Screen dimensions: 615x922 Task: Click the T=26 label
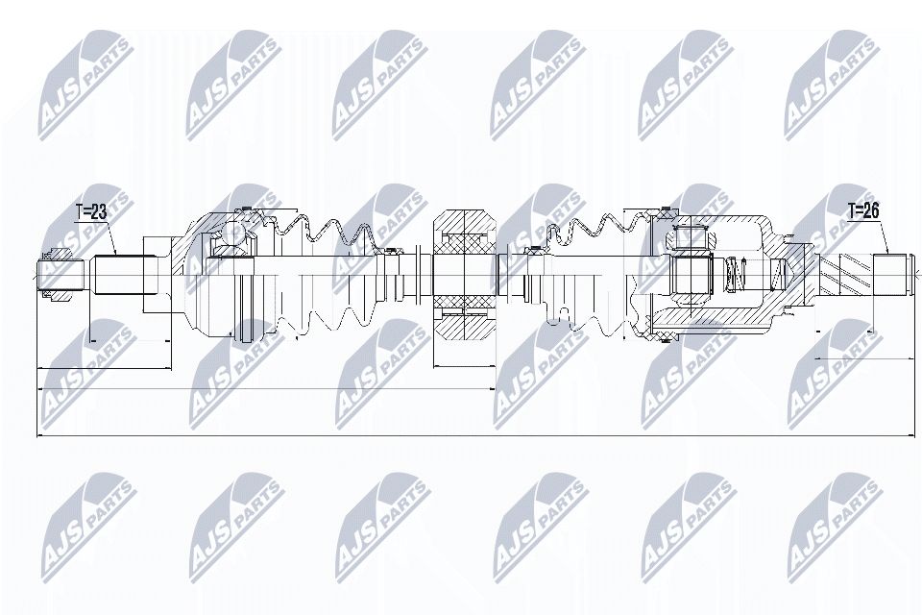pyautogui.click(x=863, y=210)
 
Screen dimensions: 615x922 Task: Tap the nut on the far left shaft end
pyautogui.click(x=54, y=275)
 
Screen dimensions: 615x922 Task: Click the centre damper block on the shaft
pyautogui.click(x=464, y=275)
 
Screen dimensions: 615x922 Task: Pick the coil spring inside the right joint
pyautogui.click(x=735, y=275)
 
